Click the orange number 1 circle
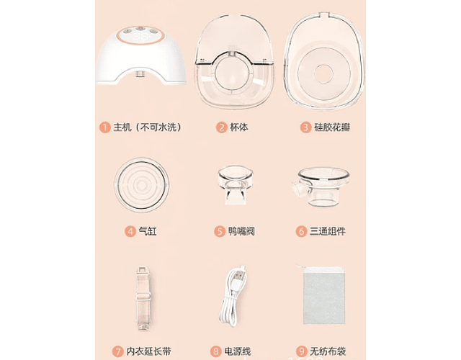[x=104, y=127]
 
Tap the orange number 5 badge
[x=219, y=231]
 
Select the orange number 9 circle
[x=302, y=351]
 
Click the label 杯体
[x=238, y=127]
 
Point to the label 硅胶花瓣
[x=332, y=127]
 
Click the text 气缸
[x=148, y=231]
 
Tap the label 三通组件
[x=328, y=231]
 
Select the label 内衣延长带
[x=149, y=351]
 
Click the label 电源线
[x=238, y=351]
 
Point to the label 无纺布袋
[x=328, y=351]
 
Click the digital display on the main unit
[x=140, y=37]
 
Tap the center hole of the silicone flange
[x=323, y=73]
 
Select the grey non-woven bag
[x=323, y=294]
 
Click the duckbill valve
[x=236, y=185]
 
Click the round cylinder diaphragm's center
[x=142, y=185]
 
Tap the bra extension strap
[x=143, y=299]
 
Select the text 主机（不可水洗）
[x=148, y=127]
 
